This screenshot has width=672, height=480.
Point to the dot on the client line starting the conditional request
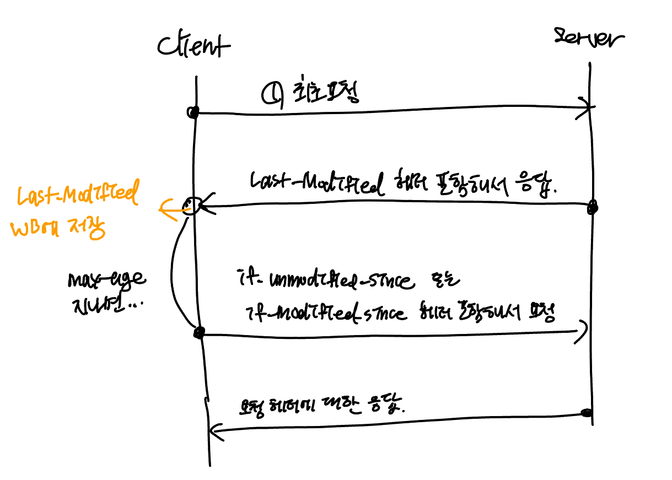coord(200,332)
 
